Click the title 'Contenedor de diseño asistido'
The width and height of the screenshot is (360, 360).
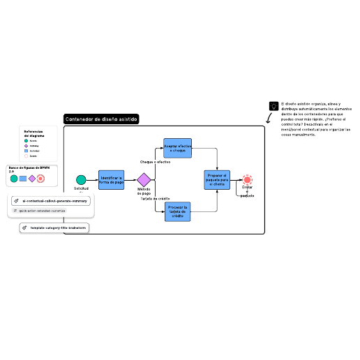[101, 119]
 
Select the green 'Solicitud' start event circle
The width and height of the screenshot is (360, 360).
[81, 180]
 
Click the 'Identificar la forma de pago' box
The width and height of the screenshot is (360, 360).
[111, 180]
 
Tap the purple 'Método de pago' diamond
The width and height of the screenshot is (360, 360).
[144, 180]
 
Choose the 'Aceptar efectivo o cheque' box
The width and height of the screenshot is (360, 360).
[177, 148]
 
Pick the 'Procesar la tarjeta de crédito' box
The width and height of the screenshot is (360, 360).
[177, 211]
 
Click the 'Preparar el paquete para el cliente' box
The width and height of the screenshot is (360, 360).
[217, 180]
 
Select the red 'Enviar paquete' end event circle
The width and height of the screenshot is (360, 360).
[247, 180]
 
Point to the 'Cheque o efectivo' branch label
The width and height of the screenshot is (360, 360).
[155, 162]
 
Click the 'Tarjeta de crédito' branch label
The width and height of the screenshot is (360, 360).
[155, 199]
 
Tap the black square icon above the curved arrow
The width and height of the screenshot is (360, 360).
[273, 106]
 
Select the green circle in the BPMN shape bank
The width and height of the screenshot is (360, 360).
[14, 179]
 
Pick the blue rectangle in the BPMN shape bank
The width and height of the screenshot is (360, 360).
[23, 179]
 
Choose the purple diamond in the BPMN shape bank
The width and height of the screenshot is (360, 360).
[32, 179]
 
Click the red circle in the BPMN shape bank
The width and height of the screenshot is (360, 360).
[41, 179]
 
